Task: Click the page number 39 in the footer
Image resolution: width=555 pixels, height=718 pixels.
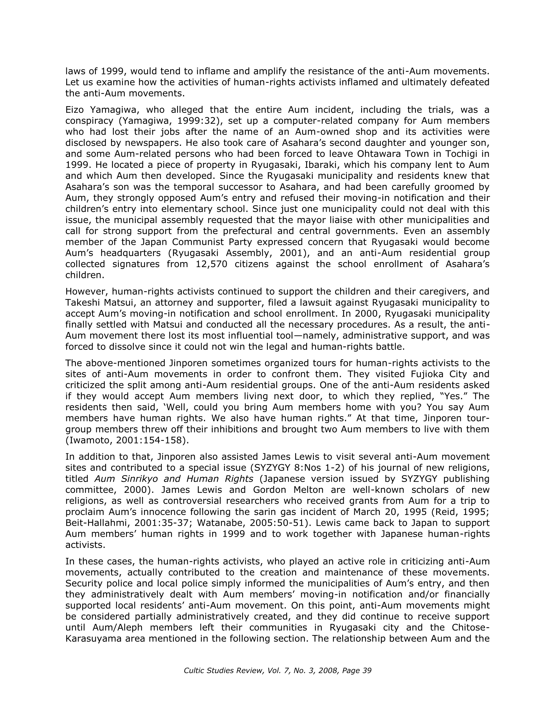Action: (x=366, y=671)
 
